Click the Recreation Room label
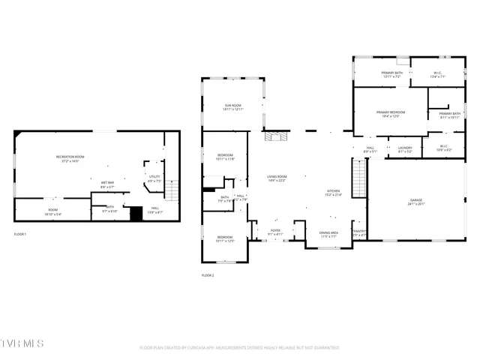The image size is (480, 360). (70, 158)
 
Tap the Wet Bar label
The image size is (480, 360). (107, 184)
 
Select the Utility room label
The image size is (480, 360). (154, 178)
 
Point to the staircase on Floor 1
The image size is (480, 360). (172, 190)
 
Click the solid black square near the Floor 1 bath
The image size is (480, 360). (136, 214)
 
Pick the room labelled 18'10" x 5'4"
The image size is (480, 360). (52, 211)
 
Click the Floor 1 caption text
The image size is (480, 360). (20, 235)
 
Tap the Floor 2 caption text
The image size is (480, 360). (208, 275)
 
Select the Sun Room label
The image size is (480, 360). (232, 107)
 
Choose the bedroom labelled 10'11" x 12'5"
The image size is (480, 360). (225, 239)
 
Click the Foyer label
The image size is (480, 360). (275, 232)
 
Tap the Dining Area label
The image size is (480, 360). (328, 234)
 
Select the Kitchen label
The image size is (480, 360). (334, 193)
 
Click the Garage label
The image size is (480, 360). (415, 201)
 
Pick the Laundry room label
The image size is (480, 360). (405, 149)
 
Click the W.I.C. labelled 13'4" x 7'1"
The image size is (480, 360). (438, 74)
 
